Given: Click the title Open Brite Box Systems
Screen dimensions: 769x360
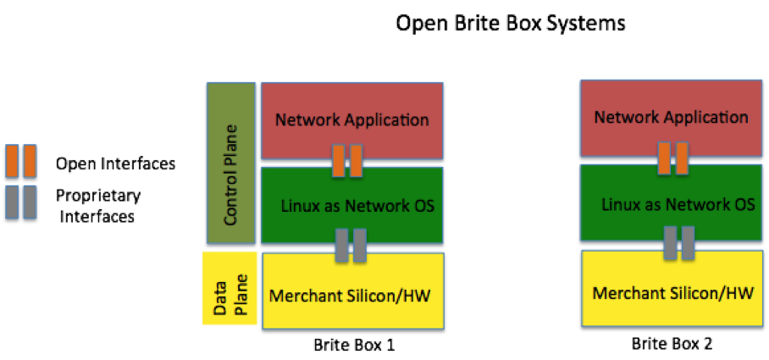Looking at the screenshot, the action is click(511, 23).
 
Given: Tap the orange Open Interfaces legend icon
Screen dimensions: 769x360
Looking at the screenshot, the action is click(21, 160).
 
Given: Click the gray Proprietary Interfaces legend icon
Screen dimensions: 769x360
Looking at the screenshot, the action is click(21, 202).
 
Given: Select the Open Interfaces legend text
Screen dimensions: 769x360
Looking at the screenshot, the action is click(116, 163).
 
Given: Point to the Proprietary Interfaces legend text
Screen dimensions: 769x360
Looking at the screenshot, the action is click(98, 206).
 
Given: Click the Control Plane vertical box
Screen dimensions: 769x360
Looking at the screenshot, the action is click(231, 163).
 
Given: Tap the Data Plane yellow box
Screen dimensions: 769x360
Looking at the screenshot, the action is click(230, 288).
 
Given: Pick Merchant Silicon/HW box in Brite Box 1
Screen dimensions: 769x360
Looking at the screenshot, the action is click(353, 291).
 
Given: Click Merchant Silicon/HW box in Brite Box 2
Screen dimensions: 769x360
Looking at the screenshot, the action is click(672, 288).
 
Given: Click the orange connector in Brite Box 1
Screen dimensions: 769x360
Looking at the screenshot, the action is click(347, 160).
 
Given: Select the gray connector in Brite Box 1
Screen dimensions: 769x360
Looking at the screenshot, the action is click(351, 245).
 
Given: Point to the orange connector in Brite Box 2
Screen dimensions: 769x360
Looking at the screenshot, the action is click(673, 158).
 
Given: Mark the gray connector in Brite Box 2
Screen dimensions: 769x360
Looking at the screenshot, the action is click(679, 243).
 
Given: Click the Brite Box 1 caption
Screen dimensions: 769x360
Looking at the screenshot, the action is click(354, 346).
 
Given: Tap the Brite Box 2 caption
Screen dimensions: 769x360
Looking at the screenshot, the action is click(672, 343).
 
